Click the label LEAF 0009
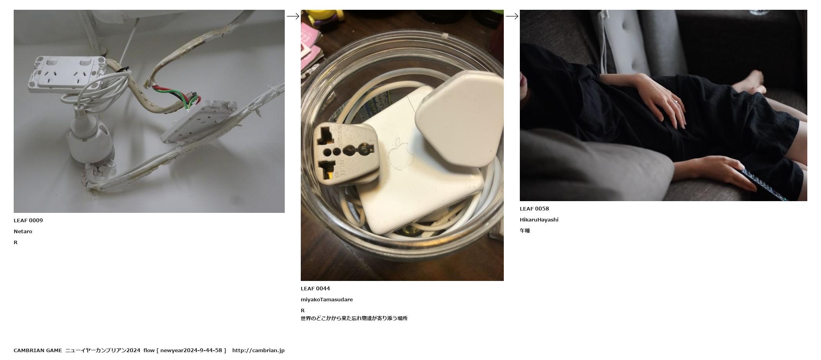click(28, 220)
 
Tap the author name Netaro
click(23, 231)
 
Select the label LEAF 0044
click(315, 288)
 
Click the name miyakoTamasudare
click(327, 299)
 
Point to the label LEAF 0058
click(534, 209)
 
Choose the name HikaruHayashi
click(539, 220)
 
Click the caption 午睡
click(525, 230)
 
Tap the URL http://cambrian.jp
click(259, 350)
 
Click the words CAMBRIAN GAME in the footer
click(38, 350)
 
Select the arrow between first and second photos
click(293, 16)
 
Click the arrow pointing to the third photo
click(512, 16)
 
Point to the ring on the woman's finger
click(675, 102)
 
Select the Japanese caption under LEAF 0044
click(354, 318)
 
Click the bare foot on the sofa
click(749, 82)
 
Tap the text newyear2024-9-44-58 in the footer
click(191, 350)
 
